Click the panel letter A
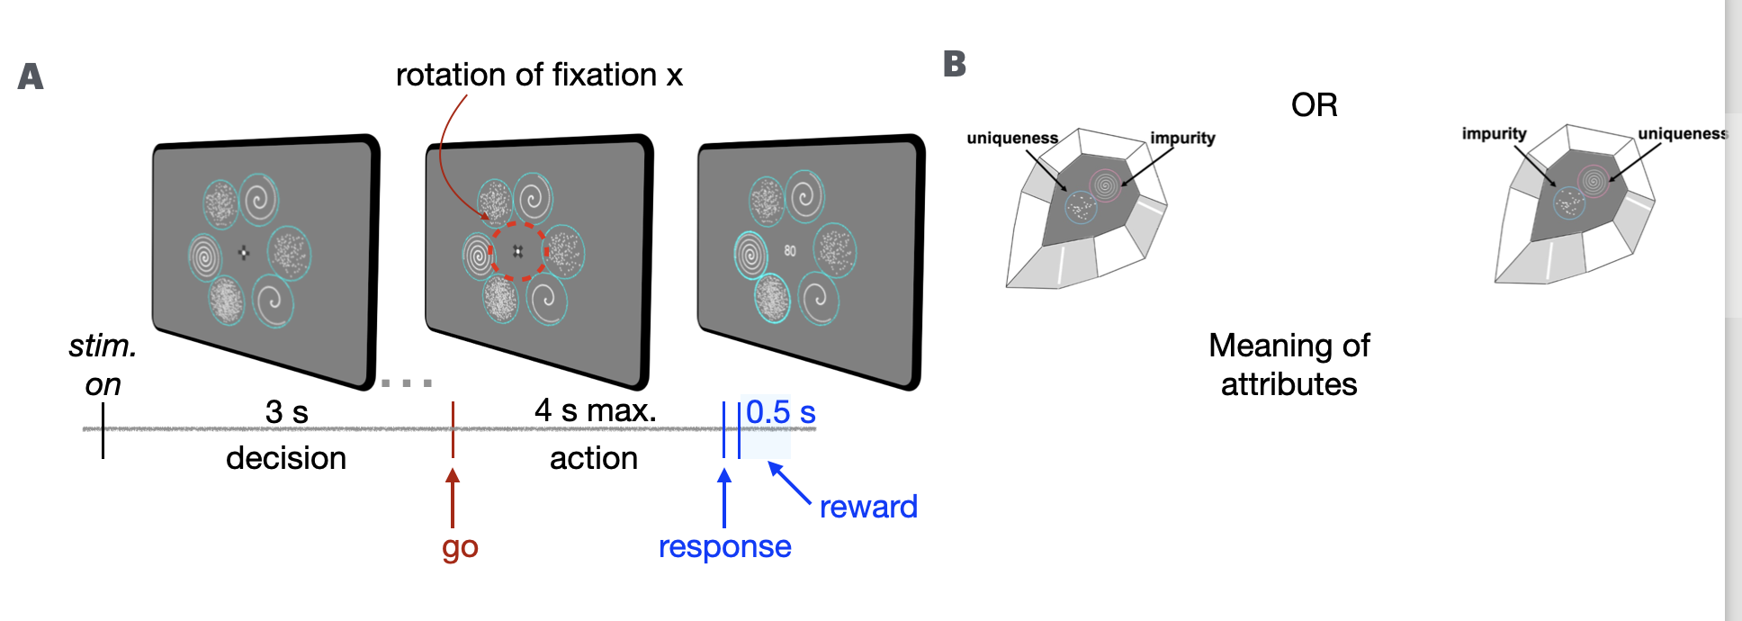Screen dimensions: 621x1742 pos(31,76)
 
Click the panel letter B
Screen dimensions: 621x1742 pos(955,64)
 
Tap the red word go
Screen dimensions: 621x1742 pos(460,547)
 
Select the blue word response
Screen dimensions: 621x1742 pos(724,546)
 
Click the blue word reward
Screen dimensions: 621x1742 pos(868,507)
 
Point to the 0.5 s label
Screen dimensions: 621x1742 pos(780,412)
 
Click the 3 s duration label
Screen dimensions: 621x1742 pos(287,412)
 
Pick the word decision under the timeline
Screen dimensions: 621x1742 pos(286,458)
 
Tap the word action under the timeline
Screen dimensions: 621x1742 pos(594,458)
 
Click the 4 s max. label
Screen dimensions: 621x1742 pos(595,410)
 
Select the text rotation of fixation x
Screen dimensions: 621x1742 pos(539,75)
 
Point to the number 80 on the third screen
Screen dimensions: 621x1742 pos(790,251)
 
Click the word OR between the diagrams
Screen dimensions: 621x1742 pos(1314,105)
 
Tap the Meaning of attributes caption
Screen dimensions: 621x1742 pos(1289,364)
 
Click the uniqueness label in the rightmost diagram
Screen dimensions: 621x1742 pos(1681,134)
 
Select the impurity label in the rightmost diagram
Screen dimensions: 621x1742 pos(1494,134)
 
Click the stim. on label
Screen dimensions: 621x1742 pos(103,364)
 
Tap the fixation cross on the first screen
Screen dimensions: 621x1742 pos(244,252)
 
